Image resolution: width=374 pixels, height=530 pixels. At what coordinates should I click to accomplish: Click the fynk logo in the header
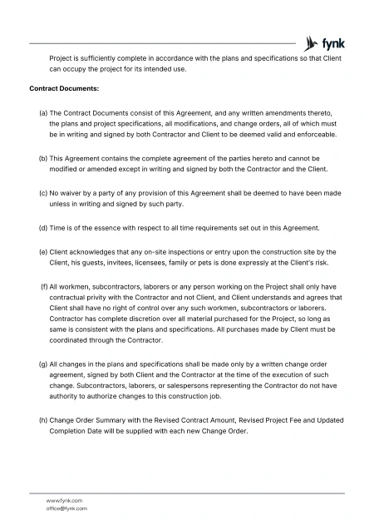(x=324, y=42)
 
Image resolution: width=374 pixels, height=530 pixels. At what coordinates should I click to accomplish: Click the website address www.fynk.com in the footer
(x=64, y=500)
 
